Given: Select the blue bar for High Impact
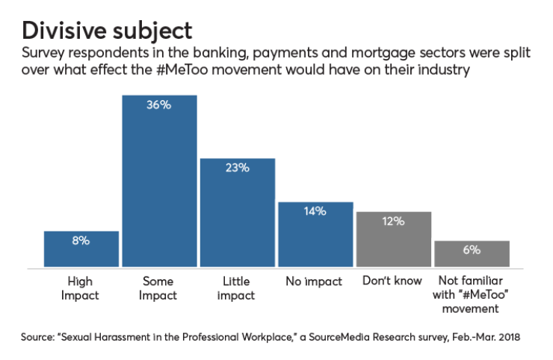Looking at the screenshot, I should click(81, 249).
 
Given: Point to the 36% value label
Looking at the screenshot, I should click(159, 105).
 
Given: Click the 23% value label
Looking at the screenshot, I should click(237, 168).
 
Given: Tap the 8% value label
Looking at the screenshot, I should click(81, 240).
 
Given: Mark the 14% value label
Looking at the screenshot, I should click(315, 211).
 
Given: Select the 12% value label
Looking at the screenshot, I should click(394, 221).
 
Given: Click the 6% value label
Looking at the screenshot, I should click(472, 250).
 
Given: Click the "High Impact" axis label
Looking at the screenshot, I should click(81, 288).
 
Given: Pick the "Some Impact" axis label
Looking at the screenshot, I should click(159, 288).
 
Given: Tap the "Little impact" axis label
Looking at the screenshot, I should click(237, 288).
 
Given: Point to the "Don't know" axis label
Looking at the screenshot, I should click(394, 282).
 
